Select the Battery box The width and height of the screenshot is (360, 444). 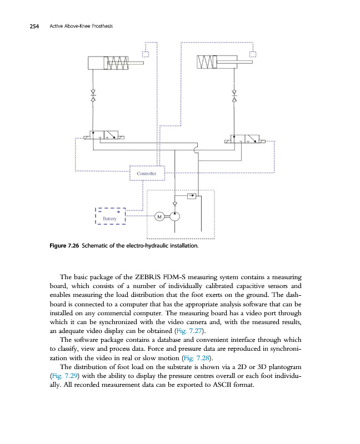pos(111,216)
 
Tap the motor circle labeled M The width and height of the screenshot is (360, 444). pos(159,216)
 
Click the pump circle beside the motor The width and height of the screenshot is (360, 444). pos(174,216)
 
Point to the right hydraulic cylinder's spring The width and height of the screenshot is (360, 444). pos(208,62)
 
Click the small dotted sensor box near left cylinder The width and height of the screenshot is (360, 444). pos(146,54)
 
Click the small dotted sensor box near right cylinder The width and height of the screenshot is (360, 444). pos(253,54)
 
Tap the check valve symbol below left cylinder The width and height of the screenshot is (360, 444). pos(93,95)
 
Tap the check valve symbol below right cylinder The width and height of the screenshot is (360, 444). pos(234,95)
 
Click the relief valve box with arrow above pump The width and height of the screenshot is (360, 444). pos(192,195)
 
